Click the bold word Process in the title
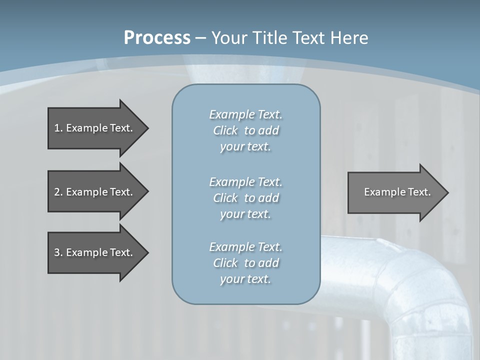(x=157, y=38)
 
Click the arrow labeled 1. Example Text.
(x=95, y=128)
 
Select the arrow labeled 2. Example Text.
(x=95, y=192)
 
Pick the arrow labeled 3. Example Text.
(x=95, y=252)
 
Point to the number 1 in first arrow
(x=57, y=128)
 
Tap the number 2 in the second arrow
(x=57, y=192)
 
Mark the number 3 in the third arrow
(x=57, y=252)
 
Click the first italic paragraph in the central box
(x=245, y=130)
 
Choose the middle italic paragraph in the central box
(x=245, y=198)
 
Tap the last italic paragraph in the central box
(x=245, y=263)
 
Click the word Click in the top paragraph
(x=225, y=130)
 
